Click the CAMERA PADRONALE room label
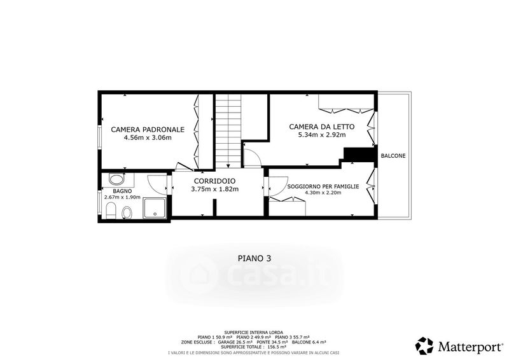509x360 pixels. click(x=148, y=130)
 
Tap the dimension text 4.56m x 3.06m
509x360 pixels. click(x=148, y=137)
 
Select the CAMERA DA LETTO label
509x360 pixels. click(x=322, y=127)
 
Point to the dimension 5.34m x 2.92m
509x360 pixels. click(x=322, y=135)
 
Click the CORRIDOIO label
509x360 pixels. click(x=214, y=181)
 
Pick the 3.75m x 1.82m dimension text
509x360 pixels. click(x=215, y=189)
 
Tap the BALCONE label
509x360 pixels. click(x=393, y=156)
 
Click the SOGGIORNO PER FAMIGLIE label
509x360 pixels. click(x=323, y=186)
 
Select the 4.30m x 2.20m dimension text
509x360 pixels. click(x=323, y=193)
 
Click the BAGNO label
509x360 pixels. click(x=122, y=191)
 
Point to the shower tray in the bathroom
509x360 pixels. click(x=155, y=208)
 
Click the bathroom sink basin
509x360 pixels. click(x=116, y=179)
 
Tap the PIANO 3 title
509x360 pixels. click(x=254, y=258)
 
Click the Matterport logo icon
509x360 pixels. click(x=424, y=346)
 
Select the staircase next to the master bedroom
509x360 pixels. click(x=229, y=131)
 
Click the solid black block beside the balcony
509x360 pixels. click(x=358, y=155)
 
